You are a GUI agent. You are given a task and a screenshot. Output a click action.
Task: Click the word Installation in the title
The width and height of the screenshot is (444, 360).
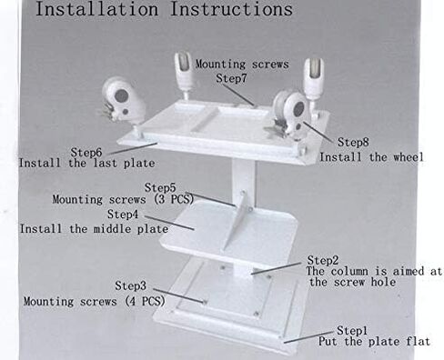[x=97, y=9]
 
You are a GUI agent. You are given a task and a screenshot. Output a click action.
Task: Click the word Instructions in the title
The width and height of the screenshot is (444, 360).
[x=231, y=9]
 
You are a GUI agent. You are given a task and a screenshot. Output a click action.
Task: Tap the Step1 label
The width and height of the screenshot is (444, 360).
[x=352, y=330]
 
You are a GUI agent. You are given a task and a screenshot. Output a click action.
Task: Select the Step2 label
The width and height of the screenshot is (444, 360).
[x=323, y=260]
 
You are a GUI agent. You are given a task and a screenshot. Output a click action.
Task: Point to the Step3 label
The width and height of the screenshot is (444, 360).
[x=130, y=285]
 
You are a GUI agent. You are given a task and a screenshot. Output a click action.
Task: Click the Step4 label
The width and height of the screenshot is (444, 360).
[x=123, y=215]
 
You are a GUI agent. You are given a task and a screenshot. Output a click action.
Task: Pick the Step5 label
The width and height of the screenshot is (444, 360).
[x=160, y=187]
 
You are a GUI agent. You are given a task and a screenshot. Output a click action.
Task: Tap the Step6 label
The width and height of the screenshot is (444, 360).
[x=86, y=153]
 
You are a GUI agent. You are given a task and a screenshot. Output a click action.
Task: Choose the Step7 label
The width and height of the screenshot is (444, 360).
[x=231, y=78]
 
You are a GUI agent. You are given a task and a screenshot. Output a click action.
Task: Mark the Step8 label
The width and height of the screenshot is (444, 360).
[x=353, y=142]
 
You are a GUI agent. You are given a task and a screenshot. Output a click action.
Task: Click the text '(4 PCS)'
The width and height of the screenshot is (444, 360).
[x=146, y=301]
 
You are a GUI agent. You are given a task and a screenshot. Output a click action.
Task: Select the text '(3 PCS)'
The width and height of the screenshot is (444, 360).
[x=174, y=199]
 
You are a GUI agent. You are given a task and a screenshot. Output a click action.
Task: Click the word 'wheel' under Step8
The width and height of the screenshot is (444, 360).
[x=409, y=157]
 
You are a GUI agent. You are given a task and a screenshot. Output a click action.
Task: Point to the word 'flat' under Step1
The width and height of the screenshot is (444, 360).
[x=418, y=342]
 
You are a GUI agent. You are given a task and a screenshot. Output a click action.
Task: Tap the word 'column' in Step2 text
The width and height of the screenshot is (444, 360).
[x=349, y=271]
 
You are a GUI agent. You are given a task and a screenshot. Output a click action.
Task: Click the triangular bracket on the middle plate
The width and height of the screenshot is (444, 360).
[x=237, y=221]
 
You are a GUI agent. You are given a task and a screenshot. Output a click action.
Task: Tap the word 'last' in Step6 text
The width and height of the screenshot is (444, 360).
[x=105, y=164]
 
